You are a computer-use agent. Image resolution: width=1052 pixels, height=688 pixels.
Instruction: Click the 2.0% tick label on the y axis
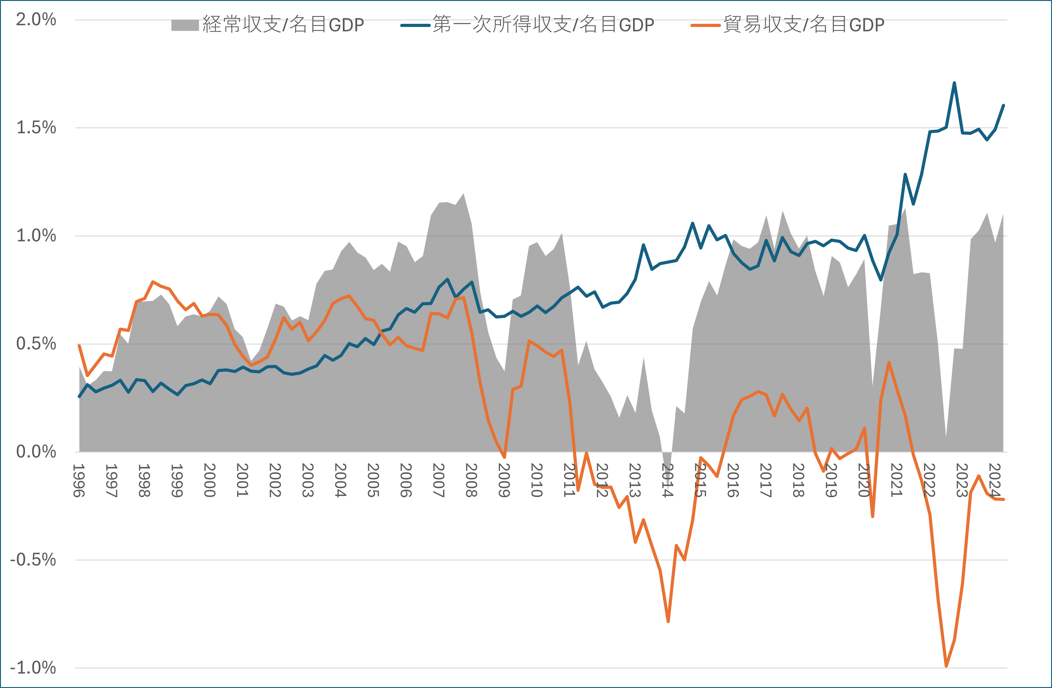point(36,19)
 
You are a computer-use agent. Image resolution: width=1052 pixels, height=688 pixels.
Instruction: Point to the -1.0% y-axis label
point(33,668)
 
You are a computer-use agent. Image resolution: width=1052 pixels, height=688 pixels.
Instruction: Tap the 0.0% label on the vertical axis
point(36,452)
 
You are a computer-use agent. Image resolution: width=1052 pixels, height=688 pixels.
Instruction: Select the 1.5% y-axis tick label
point(36,128)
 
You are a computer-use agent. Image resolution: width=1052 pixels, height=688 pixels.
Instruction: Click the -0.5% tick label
point(33,560)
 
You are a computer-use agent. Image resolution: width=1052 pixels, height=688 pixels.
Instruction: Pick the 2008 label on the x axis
point(472,481)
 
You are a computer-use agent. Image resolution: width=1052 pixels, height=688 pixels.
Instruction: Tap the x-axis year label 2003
point(308,481)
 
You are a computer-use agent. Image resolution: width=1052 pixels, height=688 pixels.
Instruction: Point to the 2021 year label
point(897,481)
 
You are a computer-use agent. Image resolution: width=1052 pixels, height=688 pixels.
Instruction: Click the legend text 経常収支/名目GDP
point(283,25)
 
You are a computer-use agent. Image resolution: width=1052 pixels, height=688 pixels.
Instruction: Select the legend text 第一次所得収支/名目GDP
point(543,25)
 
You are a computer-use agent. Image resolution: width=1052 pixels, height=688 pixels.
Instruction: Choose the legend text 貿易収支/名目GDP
point(804,25)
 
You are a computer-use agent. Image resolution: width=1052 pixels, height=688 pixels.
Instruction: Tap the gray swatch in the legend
point(185,25)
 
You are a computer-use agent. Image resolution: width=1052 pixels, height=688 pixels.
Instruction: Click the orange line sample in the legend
point(705,25)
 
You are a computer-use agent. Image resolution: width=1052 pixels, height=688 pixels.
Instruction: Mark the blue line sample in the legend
point(415,25)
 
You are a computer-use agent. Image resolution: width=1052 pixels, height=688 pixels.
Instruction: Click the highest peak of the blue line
point(954,83)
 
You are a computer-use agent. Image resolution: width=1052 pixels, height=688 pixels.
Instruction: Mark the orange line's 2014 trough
point(668,621)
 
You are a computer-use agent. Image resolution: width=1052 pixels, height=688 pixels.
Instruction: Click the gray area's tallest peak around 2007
point(463,194)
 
